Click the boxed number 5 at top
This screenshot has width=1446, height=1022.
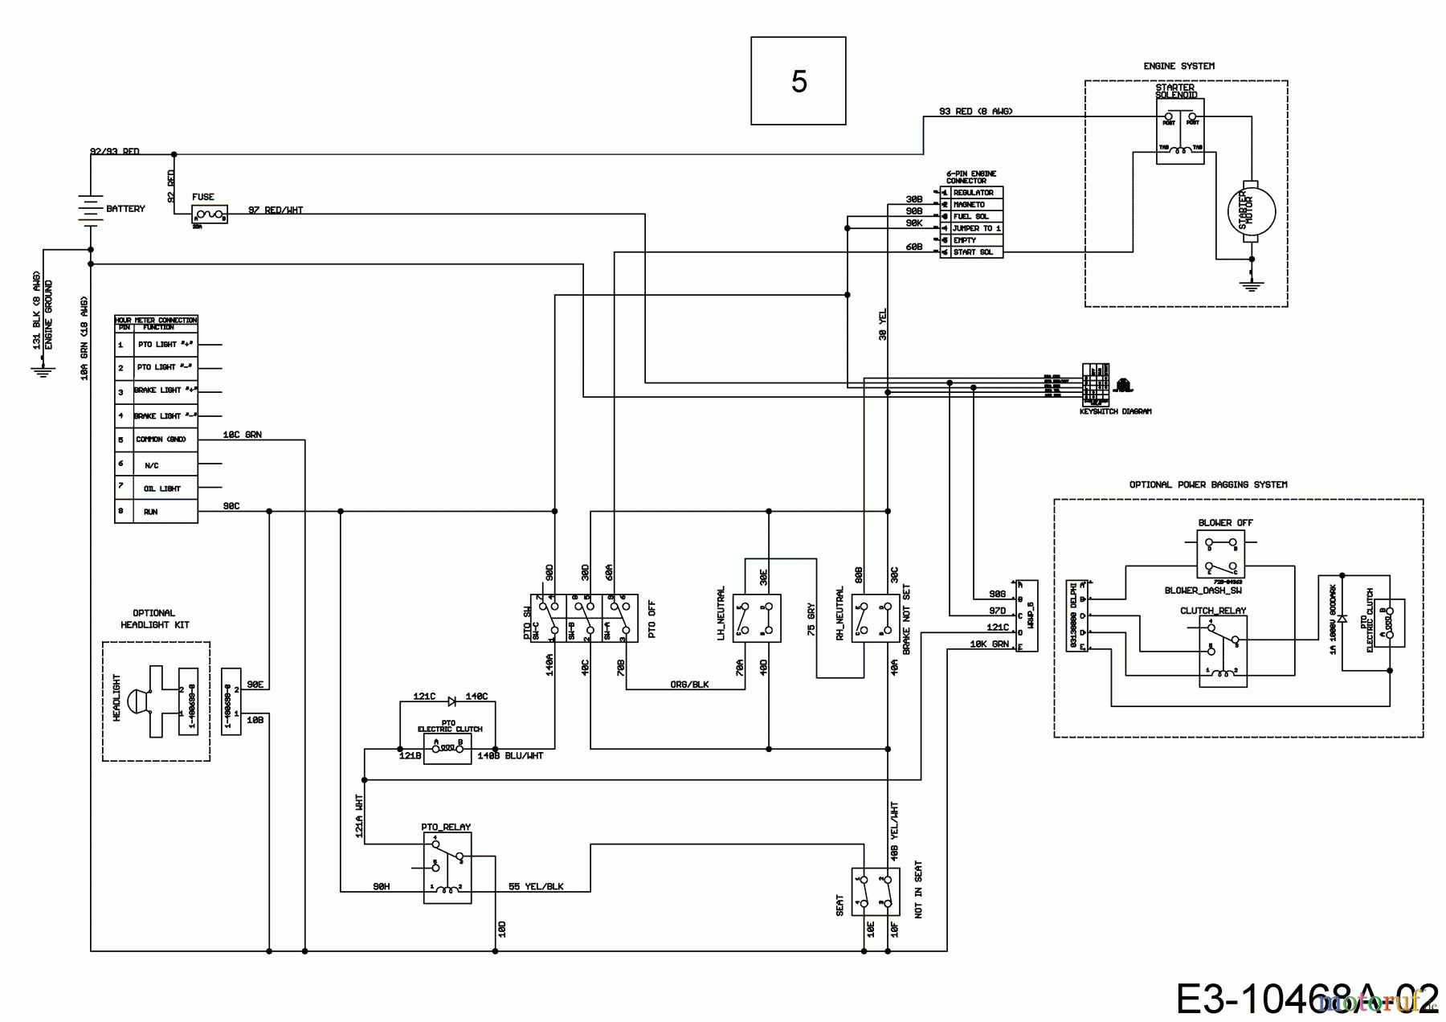pyautogui.click(x=798, y=81)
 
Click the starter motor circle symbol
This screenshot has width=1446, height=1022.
pyautogui.click(x=1250, y=211)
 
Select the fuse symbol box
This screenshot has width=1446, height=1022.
pyautogui.click(x=210, y=215)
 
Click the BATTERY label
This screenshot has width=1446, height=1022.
pyautogui.click(x=125, y=209)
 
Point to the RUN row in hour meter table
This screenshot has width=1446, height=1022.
pyautogui.click(x=156, y=511)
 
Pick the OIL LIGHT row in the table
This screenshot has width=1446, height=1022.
pyautogui.click(x=156, y=488)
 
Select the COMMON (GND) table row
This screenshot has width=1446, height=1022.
pyautogui.click(x=156, y=439)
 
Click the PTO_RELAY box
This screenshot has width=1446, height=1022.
pyautogui.click(x=447, y=868)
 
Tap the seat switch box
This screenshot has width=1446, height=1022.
pyautogui.click(x=875, y=891)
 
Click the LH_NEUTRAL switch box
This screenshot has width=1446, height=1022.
pyautogui.click(x=757, y=618)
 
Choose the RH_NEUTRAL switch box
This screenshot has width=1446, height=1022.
pyautogui.click(x=876, y=618)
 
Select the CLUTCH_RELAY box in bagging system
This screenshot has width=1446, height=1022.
pyautogui.click(x=1223, y=652)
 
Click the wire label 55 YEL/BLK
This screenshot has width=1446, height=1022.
pyautogui.click(x=536, y=886)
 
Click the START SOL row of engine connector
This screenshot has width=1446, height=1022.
pyautogui.click(x=972, y=252)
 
